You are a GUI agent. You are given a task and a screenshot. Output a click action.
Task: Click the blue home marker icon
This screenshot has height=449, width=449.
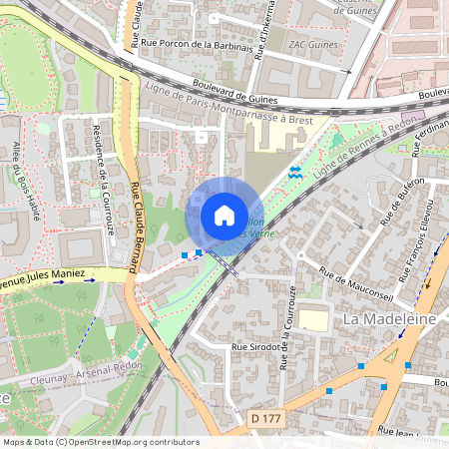coord(224,216)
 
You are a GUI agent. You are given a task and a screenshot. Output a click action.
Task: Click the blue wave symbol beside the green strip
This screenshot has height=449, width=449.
coord(294,172)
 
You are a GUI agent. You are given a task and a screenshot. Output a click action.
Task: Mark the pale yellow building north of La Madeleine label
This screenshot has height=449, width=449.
coord(314,320)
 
